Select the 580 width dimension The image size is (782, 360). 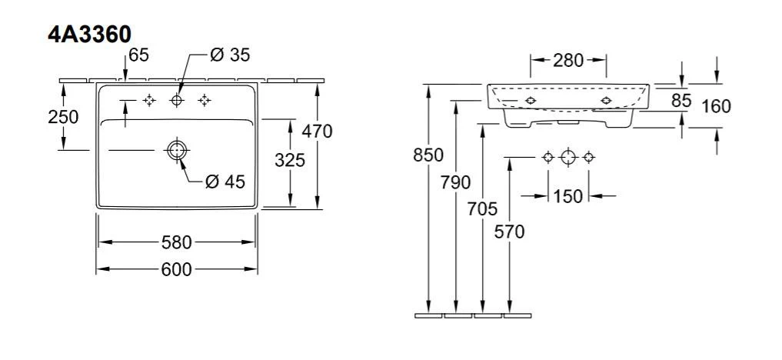pyautogui.click(x=176, y=242)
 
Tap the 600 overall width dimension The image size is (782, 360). pyautogui.click(x=176, y=269)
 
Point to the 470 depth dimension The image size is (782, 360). pyautogui.click(x=317, y=132)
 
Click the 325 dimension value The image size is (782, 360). pyautogui.click(x=290, y=160)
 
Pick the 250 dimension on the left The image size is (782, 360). pyautogui.click(x=62, y=117)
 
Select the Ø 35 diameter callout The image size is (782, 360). pyautogui.click(x=230, y=55)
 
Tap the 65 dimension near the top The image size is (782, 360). pyautogui.click(x=139, y=55)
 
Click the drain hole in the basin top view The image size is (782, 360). pyautogui.click(x=176, y=150)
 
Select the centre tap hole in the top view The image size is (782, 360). pyautogui.click(x=177, y=100)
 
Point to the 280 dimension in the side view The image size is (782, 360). pyautogui.click(x=568, y=60)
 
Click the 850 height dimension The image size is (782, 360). pyautogui.click(x=428, y=155)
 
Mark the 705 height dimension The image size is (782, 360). pyautogui.click(x=482, y=208)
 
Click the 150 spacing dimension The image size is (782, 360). pyautogui.click(x=567, y=196)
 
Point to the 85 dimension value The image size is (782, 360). pyautogui.click(x=681, y=100)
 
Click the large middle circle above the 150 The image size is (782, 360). pyautogui.click(x=567, y=157)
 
